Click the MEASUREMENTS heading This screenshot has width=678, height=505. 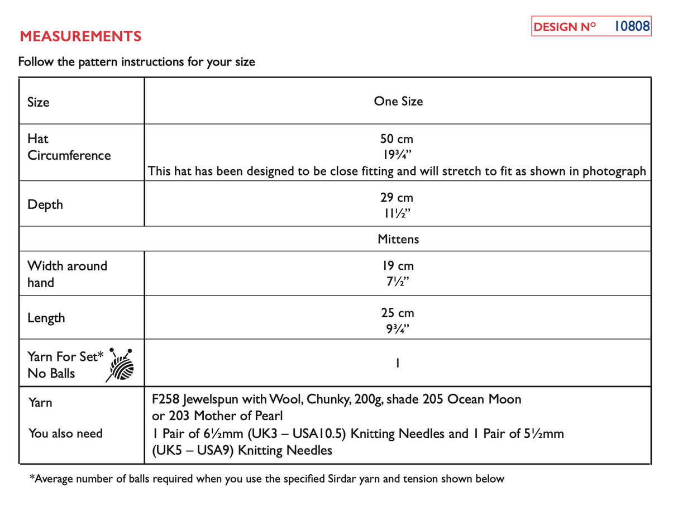(x=80, y=37)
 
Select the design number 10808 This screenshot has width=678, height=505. (x=632, y=26)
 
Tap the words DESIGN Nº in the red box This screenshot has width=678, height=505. (x=565, y=27)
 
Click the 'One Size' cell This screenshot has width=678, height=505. (x=398, y=101)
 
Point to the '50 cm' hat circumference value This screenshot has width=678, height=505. (x=397, y=139)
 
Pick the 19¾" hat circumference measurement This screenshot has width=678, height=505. (x=397, y=155)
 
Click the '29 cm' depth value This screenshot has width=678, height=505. (x=397, y=198)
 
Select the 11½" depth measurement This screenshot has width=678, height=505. (x=397, y=213)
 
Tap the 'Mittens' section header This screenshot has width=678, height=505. (x=398, y=239)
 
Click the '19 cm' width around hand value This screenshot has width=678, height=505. (x=397, y=266)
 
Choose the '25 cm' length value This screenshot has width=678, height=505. (x=397, y=313)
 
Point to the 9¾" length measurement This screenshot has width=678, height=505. (x=397, y=328)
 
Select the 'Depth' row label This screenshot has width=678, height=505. (x=45, y=204)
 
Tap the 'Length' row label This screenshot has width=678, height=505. (x=46, y=318)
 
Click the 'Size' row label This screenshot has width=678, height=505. (x=39, y=102)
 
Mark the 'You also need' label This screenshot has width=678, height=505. (x=65, y=433)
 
